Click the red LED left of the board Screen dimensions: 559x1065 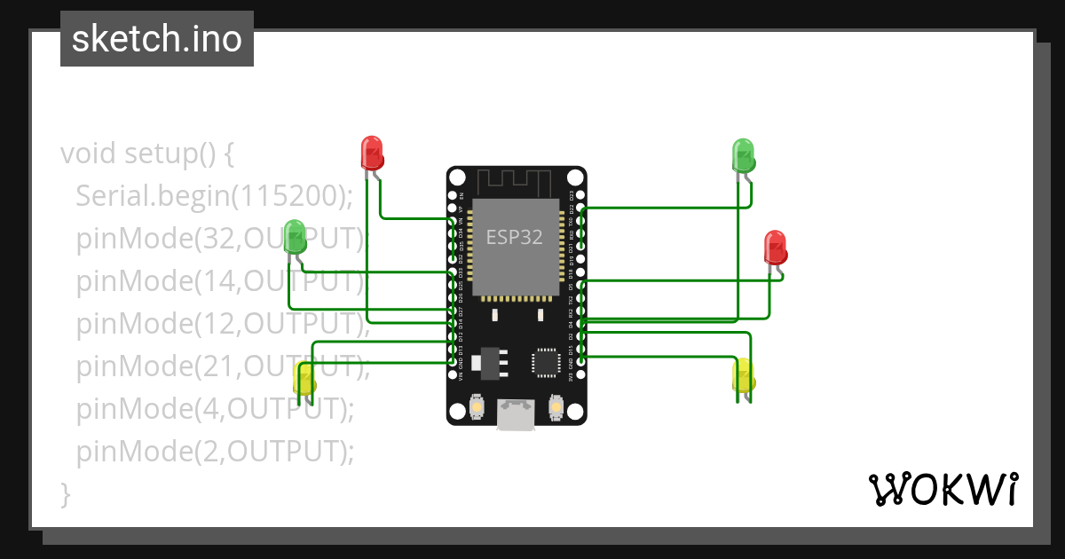click(x=372, y=153)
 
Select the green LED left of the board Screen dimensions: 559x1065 click(x=296, y=235)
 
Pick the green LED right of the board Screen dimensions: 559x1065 click(x=743, y=155)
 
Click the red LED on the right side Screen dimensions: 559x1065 click(x=776, y=248)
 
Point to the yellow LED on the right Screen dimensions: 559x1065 click(x=743, y=376)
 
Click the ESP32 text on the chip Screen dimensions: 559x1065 click(x=514, y=238)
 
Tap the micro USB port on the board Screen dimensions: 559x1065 click(x=516, y=414)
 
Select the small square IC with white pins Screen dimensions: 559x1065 click(x=545, y=361)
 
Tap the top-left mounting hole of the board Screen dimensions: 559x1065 click(x=457, y=177)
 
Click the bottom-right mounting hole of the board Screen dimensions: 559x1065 click(x=574, y=412)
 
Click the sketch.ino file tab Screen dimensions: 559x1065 click(x=157, y=39)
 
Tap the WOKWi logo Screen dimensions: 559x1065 click(x=943, y=489)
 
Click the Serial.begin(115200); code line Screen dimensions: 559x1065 click(x=215, y=195)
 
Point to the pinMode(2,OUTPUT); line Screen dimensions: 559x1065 click(x=215, y=452)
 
